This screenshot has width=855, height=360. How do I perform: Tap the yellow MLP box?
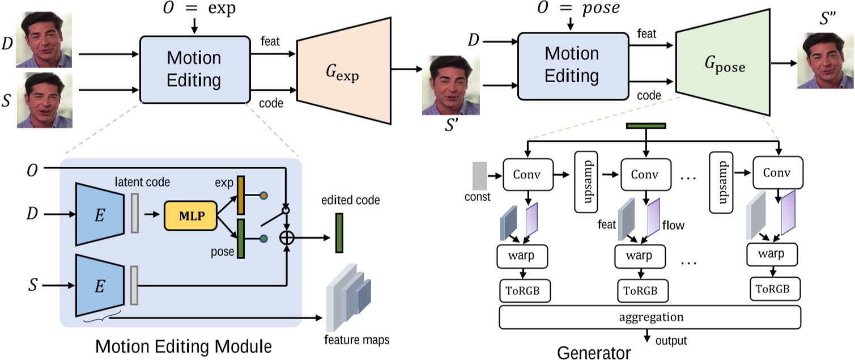point(190,216)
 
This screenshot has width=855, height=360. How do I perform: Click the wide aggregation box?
point(649,317)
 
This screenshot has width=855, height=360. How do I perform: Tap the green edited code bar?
point(339,232)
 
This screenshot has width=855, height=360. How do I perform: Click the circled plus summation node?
point(288,239)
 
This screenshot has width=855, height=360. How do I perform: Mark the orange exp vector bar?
point(240,195)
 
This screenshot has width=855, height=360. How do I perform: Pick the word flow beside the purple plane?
point(673,226)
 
